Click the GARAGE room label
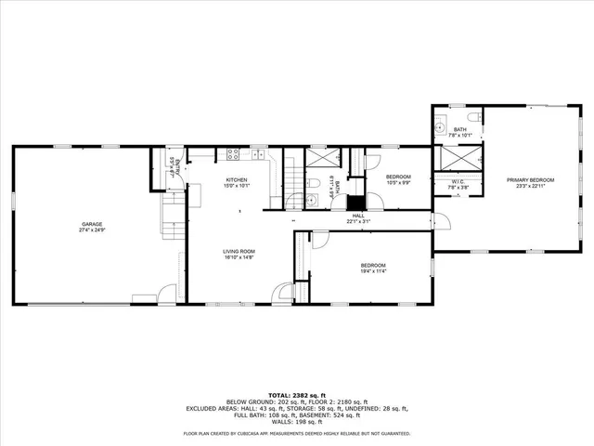coord(91,224)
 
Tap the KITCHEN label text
coord(237,179)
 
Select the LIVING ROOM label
coord(239,252)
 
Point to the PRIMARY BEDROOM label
coord(530,179)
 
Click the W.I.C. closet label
coord(458,181)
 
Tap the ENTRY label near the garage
coord(174,168)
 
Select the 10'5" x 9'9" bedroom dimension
coord(398,183)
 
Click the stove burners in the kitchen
coord(233,153)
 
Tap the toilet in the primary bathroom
coord(471,116)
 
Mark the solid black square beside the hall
coord(355,203)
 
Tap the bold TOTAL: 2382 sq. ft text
coord(296,395)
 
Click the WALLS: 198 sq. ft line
coord(296,420)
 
